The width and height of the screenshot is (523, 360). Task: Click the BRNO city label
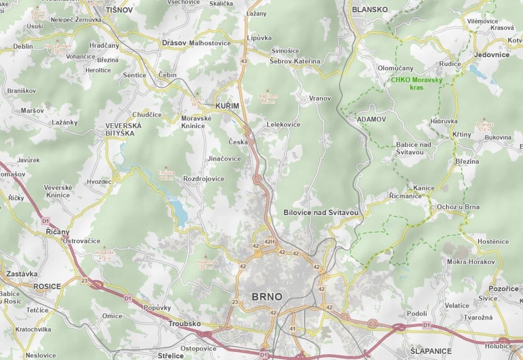(x=267, y=297)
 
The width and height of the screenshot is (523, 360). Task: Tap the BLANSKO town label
(x=370, y=9)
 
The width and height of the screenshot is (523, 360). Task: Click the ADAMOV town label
(x=371, y=119)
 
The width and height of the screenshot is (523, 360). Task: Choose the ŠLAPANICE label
(x=431, y=351)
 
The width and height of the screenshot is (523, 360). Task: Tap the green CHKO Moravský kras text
(x=417, y=84)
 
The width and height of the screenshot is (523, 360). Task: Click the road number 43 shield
(x=244, y=61)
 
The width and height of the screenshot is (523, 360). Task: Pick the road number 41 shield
(x=293, y=329)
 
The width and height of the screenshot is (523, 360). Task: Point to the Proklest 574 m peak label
(x=484, y=127)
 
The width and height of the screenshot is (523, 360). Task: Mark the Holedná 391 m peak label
(x=206, y=264)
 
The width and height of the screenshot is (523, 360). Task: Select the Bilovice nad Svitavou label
(x=321, y=212)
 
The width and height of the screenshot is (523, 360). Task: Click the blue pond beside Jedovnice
(x=474, y=69)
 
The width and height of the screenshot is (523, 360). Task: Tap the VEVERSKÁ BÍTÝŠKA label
(x=123, y=130)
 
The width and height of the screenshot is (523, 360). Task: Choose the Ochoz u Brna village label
(x=458, y=207)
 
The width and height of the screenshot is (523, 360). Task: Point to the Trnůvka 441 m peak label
(x=166, y=175)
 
